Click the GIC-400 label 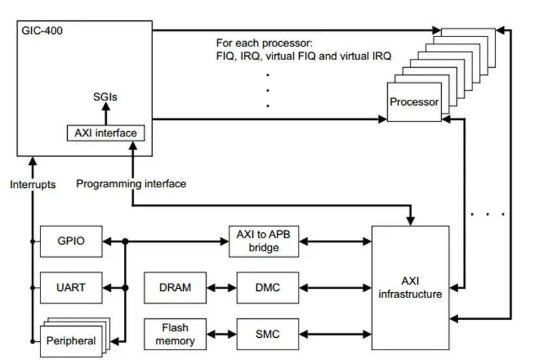(42, 31)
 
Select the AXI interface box (106, 133)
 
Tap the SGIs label (105, 97)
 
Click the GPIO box (71, 241)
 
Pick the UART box (71, 288)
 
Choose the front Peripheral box (71, 342)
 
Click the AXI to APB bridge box (264, 241)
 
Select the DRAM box (175, 288)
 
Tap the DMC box (268, 288)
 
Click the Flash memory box (175, 334)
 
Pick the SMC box (268, 334)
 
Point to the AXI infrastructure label (410, 288)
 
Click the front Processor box (415, 102)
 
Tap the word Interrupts (33, 185)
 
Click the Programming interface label (131, 184)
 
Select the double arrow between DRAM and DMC (222, 288)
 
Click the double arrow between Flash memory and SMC (222, 334)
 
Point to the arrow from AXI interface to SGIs (106, 114)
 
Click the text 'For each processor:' (265, 43)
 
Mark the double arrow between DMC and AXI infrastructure (336, 288)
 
